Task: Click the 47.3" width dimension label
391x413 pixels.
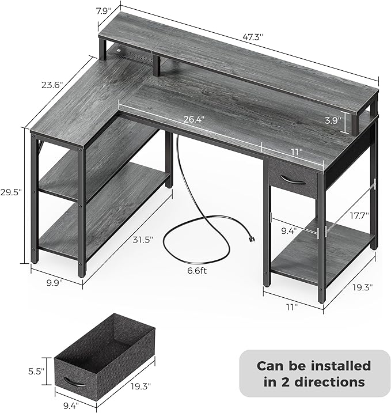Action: (253, 37)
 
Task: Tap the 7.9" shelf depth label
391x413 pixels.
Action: (104, 11)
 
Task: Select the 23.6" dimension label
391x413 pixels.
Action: (52, 85)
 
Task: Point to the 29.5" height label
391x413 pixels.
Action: (10, 192)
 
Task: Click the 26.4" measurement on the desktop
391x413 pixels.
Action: (194, 120)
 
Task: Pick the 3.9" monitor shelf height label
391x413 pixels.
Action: (333, 120)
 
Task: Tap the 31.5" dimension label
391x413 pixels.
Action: (143, 240)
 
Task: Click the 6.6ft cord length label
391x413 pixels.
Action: (197, 271)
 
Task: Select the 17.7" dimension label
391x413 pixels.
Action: (359, 216)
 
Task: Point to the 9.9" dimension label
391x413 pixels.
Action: (55, 283)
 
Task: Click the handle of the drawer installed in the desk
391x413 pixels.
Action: (292, 179)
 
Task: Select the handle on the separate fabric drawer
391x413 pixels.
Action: (74, 382)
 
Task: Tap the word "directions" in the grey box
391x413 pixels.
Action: (329, 382)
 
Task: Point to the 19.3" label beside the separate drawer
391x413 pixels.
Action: (141, 387)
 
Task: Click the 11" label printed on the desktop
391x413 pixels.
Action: (297, 152)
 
